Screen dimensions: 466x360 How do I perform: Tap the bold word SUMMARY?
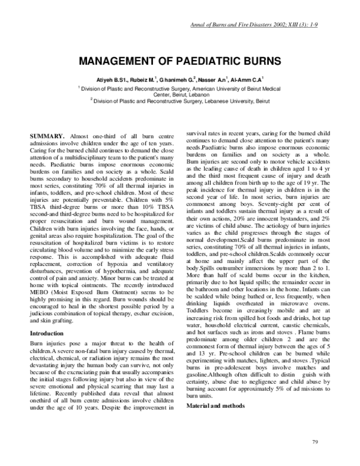coord(49,138)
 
